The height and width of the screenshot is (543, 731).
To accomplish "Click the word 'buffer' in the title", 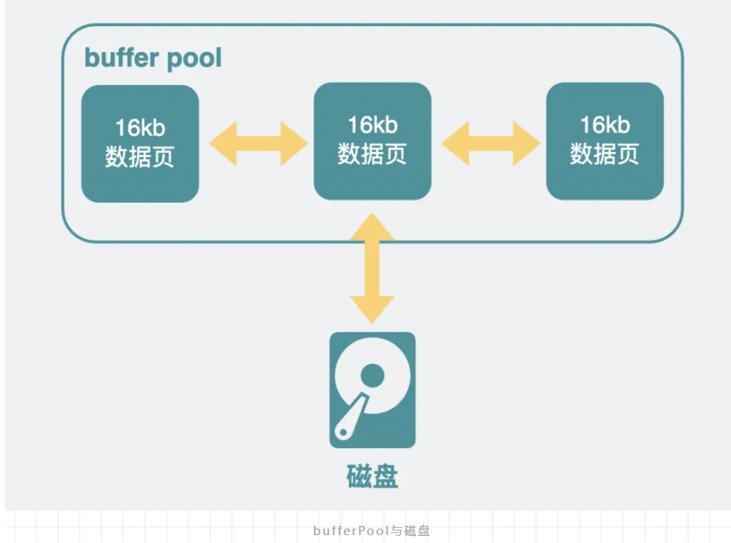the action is click(121, 58).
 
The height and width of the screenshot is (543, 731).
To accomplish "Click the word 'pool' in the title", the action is click(194, 59).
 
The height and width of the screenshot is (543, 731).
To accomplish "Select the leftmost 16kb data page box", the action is click(140, 143).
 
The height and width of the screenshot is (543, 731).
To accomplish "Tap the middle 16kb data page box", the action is click(373, 141).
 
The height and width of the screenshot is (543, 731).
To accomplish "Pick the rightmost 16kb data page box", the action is click(605, 141).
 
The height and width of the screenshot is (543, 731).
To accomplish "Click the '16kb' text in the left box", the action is click(140, 128).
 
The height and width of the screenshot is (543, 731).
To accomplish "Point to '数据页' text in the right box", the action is click(605, 154).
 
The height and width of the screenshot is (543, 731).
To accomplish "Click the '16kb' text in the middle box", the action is click(373, 125).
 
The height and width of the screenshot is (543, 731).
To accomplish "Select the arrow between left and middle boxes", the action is click(258, 143).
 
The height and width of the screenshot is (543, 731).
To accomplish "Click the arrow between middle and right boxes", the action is click(490, 143).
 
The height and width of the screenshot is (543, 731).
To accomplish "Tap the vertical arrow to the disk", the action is click(372, 268).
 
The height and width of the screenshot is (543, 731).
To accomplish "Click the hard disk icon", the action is click(373, 390).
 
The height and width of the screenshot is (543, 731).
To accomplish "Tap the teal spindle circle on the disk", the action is click(373, 375).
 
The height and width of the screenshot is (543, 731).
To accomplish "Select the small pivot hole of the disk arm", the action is click(343, 432).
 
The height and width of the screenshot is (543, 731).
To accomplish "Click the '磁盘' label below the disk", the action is click(372, 477).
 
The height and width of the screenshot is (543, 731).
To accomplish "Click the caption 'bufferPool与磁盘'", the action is click(371, 531).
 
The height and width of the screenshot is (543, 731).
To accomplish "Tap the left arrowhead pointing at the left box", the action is click(223, 143).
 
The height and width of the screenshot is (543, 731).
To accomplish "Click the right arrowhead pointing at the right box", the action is click(527, 143).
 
